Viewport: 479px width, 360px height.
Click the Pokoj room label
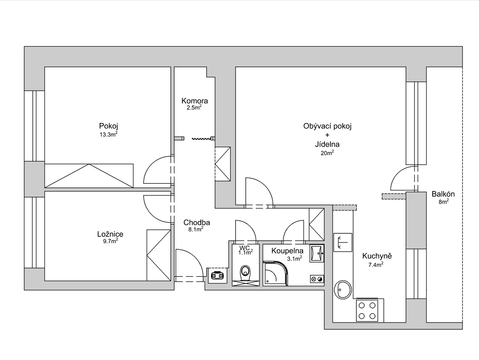click(x=108, y=126)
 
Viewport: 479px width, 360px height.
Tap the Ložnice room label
click(x=110, y=234)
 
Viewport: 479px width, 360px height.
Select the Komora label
click(x=195, y=101)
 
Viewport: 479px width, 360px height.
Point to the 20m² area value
click(x=327, y=153)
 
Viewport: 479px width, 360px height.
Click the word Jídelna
click(x=327, y=144)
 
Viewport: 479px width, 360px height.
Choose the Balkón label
click(x=443, y=194)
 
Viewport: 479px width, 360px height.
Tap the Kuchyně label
click(x=376, y=256)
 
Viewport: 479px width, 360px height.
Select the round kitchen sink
click(x=343, y=289)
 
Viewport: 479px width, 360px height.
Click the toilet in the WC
click(x=245, y=273)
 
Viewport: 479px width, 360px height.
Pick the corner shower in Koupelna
click(x=275, y=273)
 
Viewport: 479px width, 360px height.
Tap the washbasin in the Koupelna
click(x=317, y=253)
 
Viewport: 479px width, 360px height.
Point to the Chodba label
click(x=197, y=222)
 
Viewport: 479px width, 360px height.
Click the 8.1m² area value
click(x=196, y=229)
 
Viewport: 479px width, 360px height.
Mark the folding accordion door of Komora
click(x=201, y=139)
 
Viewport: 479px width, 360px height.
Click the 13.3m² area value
click(x=109, y=134)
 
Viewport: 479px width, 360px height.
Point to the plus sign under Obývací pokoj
click(x=328, y=135)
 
